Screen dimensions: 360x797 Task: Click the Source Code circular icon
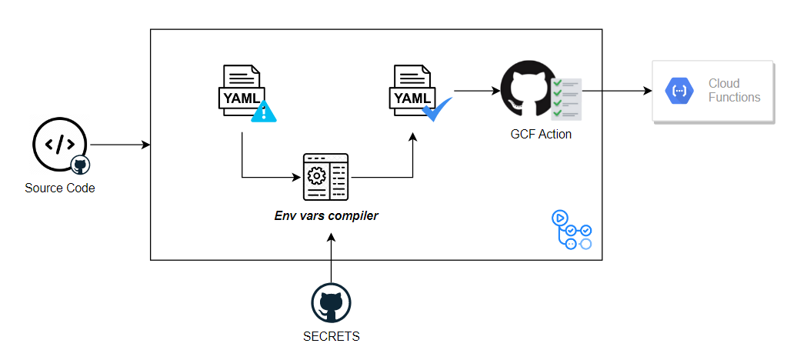click(x=58, y=145)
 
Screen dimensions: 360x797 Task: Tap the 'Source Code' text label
click(x=60, y=188)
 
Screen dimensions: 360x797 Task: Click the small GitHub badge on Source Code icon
click(x=78, y=164)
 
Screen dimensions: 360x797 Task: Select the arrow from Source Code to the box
click(x=119, y=145)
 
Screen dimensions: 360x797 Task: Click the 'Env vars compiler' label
click(x=326, y=216)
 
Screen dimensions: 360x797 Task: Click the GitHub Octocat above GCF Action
click(x=527, y=90)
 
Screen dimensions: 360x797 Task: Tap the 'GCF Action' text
click(x=541, y=134)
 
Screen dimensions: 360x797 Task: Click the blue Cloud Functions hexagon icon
click(x=679, y=91)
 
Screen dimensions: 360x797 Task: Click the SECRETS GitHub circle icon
click(x=331, y=303)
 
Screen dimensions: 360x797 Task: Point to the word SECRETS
click(x=331, y=336)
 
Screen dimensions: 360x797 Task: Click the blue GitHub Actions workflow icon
click(x=572, y=230)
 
